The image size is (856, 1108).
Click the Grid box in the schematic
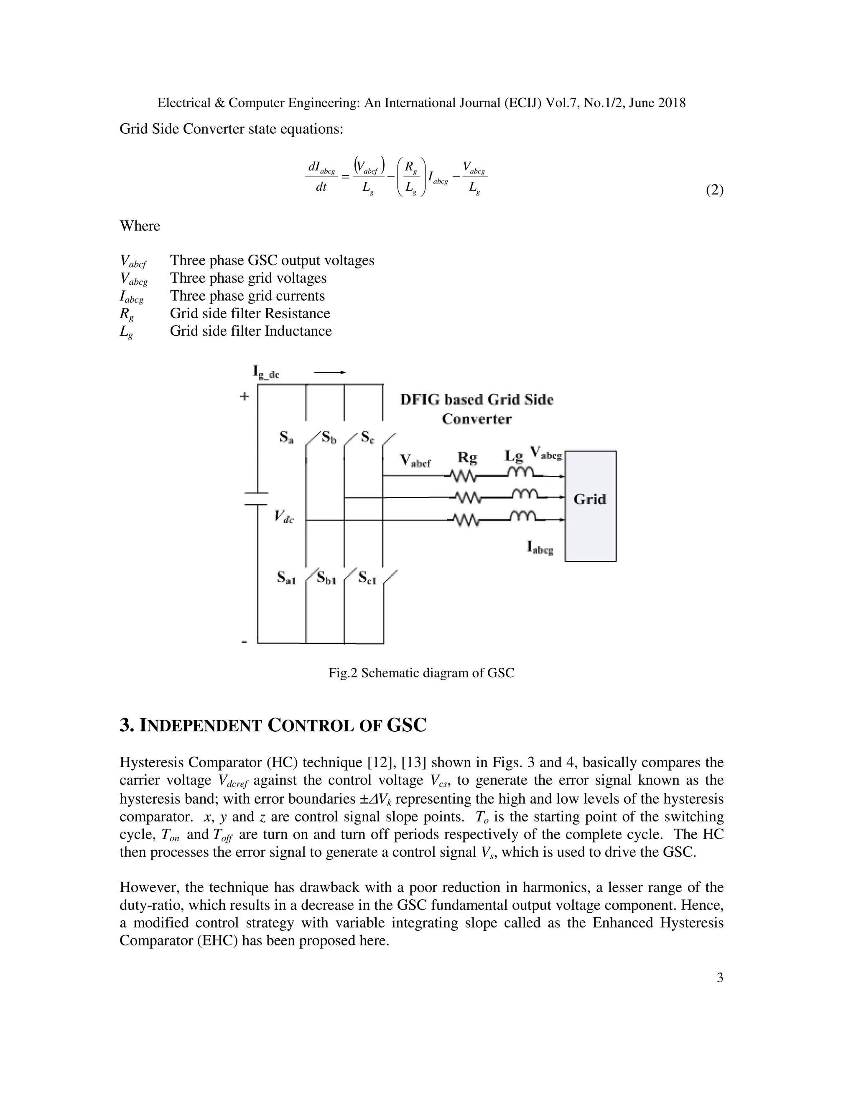[x=590, y=505]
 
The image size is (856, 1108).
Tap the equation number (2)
[x=714, y=190]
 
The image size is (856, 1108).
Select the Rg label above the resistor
[x=467, y=457]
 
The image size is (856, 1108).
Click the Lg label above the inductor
[x=513, y=456]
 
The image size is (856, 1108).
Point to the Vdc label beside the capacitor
[x=284, y=516]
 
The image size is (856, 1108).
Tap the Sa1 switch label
[x=286, y=577]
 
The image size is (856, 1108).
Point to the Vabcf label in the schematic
[x=415, y=461]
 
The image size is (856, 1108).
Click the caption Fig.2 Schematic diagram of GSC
[x=421, y=673]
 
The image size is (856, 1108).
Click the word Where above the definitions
[x=140, y=226]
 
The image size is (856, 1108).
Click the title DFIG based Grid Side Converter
[x=476, y=409]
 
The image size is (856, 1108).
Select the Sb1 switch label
[x=326, y=577]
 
